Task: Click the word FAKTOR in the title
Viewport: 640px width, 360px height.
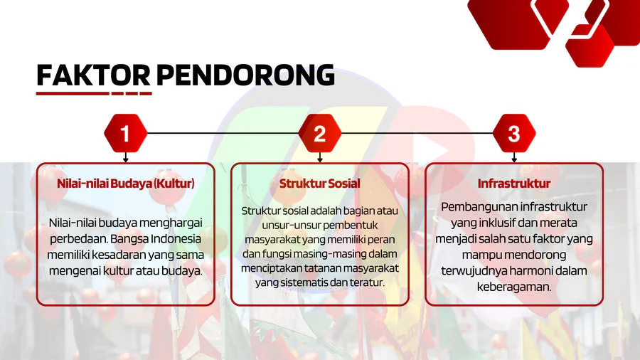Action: point(93,75)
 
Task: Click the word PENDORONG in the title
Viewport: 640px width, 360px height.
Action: point(245,75)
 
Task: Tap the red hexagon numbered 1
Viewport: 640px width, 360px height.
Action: point(126,133)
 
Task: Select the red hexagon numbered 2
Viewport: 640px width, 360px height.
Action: point(320,133)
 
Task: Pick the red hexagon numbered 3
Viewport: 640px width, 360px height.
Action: point(514,133)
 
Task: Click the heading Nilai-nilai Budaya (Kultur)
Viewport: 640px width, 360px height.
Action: point(126,184)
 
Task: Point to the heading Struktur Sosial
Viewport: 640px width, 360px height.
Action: point(320,184)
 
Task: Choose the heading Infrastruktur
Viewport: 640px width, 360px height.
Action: point(514,184)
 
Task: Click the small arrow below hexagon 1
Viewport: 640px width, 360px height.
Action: point(126,157)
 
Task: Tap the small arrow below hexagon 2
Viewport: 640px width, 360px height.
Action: point(320,157)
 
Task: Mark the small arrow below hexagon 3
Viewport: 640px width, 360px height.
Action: point(514,157)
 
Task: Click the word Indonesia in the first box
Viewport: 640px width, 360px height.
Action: point(176,239)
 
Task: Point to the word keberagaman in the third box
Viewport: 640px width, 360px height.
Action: point(514,287)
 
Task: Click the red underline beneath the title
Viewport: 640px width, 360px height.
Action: point(94,93)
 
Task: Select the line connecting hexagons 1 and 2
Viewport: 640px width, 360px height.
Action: point(223,133)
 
